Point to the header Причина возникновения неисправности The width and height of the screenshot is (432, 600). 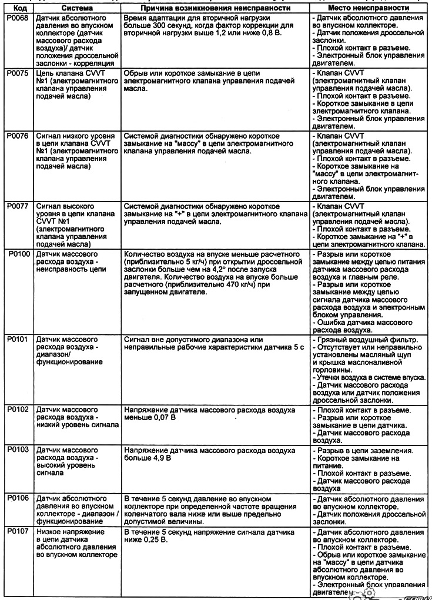click(215, 9)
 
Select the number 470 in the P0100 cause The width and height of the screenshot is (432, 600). click(240, 285)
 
